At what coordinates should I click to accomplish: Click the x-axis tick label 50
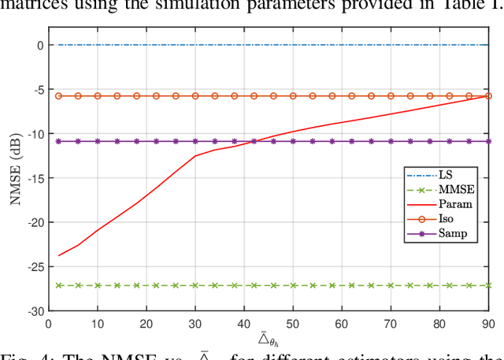293,323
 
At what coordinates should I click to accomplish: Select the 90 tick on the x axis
488,323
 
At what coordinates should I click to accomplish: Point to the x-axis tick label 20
146,323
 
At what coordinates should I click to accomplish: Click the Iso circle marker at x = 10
98,96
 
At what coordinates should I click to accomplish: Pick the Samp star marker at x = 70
391,141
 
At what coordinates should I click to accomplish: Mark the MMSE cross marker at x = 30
195,285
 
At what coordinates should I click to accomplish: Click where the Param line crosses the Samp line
254,141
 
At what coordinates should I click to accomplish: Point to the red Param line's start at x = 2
59,255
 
